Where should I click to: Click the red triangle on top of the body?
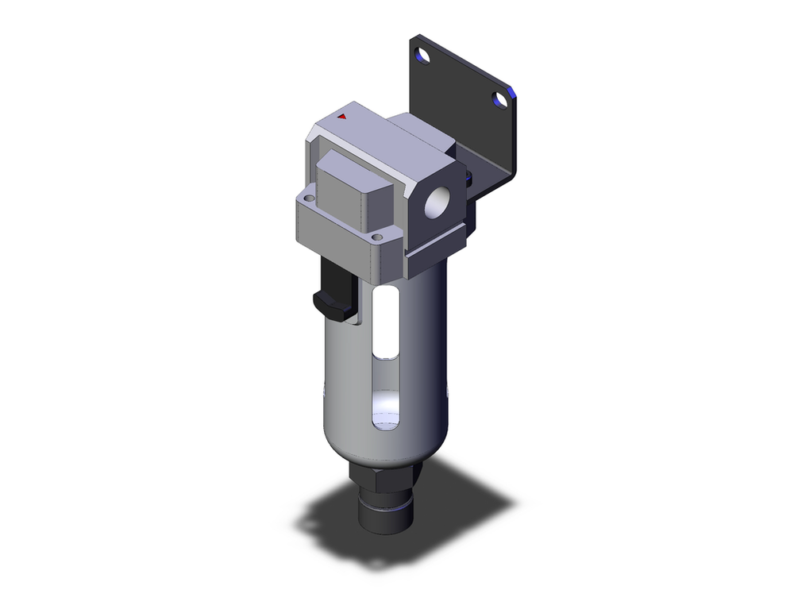343,117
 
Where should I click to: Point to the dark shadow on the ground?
461,516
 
